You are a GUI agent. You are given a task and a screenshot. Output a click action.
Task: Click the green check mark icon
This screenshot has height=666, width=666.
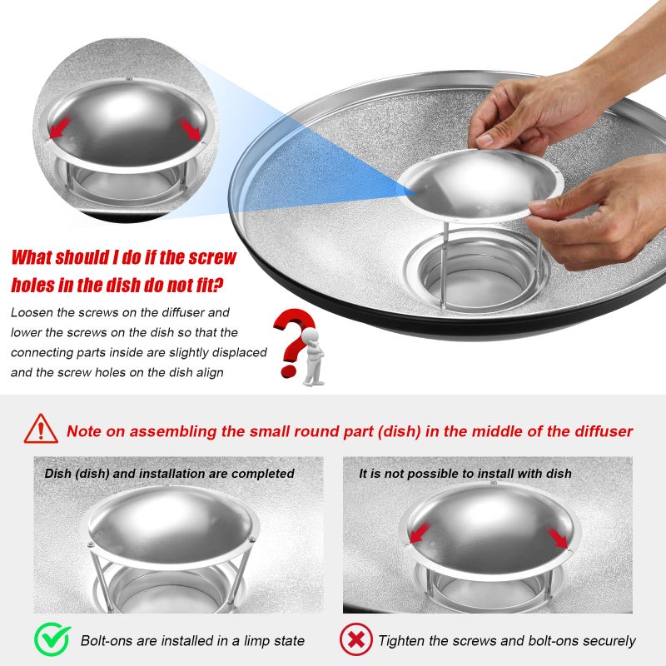tap(52, 639)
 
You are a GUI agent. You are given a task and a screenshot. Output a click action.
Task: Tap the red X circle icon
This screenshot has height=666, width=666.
tap(356, 639)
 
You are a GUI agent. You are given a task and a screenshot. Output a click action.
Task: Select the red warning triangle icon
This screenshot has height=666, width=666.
tap(41, 430)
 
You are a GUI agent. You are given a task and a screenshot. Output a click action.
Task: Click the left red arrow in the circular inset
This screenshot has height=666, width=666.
tap(59, 128)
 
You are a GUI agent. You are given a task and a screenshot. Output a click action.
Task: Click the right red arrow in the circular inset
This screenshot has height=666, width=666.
tap(190, 129)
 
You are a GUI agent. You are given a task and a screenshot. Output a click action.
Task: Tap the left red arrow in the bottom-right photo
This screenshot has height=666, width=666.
tap(420, 533)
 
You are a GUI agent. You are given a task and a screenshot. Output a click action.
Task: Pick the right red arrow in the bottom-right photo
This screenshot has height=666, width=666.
tap(558, 538)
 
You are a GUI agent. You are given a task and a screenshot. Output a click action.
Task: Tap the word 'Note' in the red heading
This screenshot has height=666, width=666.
tap(84, 431)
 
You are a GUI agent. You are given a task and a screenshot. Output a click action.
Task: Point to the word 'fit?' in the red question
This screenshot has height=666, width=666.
tap(210, 285)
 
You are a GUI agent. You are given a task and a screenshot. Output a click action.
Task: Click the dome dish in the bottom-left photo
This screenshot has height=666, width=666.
tap(170, 526)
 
